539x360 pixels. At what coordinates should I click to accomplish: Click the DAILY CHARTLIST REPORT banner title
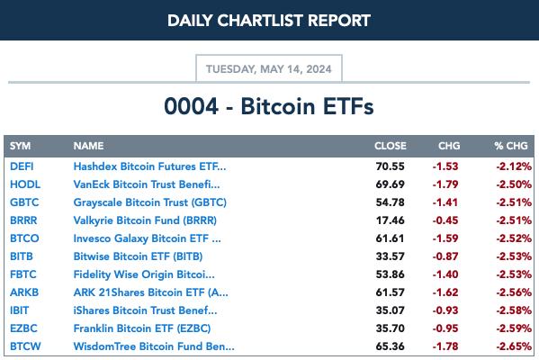(x=269, y=21)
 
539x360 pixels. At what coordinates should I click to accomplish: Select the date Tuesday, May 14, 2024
(x=269, y=69)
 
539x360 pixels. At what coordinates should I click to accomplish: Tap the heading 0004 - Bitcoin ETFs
(x=269, y=106)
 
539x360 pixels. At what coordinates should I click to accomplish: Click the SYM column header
(x=21, y=146)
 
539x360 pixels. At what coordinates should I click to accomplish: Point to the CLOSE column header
(x=391, y=146)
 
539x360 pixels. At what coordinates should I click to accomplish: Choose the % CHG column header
(x=511, y=146)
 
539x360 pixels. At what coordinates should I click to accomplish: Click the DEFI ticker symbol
(x=22, y=166)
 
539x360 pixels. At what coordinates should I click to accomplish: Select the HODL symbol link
(x=25, y=184)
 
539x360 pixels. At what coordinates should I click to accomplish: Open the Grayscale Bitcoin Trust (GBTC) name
(x=150, y=202)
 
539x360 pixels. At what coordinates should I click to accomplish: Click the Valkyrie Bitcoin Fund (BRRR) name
(x=145, y=220)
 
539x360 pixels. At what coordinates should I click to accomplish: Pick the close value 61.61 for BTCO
(x=390, y=238)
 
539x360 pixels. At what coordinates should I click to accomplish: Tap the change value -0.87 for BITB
(x=445, y=256)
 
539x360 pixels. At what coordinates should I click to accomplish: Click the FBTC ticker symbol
(x=23, y=274)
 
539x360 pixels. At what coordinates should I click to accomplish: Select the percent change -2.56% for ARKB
(x=514, y=292)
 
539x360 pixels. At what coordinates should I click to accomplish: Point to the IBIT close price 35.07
(x=390, y=310)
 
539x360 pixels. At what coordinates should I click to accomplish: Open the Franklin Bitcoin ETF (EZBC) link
(x=142, y=328)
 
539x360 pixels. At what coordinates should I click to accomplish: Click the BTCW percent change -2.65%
(x=514, y=346)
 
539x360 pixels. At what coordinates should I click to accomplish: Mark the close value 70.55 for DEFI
(x=390, y=166)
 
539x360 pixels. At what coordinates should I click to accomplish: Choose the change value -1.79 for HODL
(x=445, y=184)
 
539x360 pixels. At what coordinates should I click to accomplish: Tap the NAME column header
(x=88, y=146)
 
